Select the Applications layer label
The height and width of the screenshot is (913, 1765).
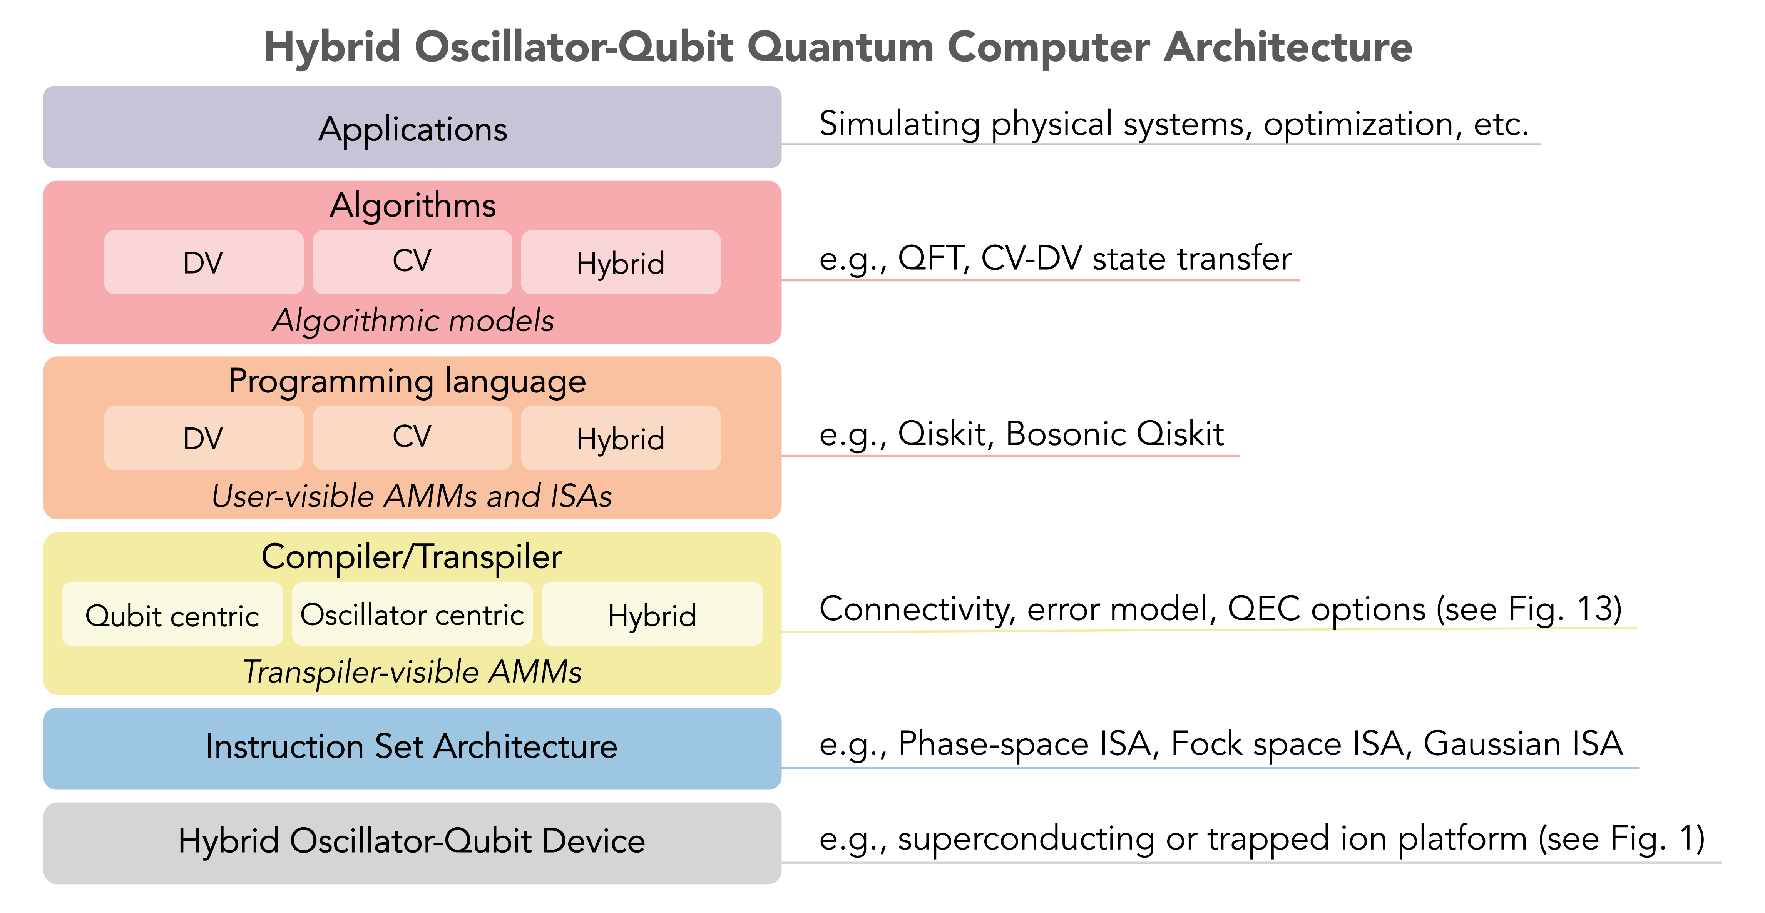(x=412, y=129)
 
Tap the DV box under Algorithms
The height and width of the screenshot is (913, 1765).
(x=204, y=262)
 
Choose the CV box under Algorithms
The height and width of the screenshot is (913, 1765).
(x=412, y=262)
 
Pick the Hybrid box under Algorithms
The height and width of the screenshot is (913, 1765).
(x=621, y=262)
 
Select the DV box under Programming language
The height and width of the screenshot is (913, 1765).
(x=204, y=438)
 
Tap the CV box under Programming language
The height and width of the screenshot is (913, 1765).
(x=412, y=438)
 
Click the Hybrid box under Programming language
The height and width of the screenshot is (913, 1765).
(x=621, y=438)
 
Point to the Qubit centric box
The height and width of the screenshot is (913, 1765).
(x=172, y=614)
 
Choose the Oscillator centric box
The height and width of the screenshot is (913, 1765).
(x=412, y=614)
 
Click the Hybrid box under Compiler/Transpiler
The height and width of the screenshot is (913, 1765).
(x=652, y=614)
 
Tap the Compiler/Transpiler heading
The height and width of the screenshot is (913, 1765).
(x=412, y=557)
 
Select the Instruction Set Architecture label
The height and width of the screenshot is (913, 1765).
(x=412, y=746)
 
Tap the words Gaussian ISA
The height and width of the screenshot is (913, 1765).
(x=1523, y=744)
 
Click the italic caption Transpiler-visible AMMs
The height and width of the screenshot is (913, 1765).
(x=412, y=671)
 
